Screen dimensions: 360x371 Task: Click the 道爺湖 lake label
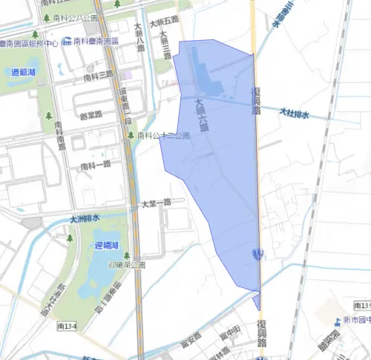(x=25, y=72)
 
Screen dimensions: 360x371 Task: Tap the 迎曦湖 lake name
(x=108, y=245)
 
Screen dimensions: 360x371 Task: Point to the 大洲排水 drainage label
(x=85, y=218)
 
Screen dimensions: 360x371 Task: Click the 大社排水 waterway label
(x=294, y=114)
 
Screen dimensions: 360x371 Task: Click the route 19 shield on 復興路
(x=256, y=254)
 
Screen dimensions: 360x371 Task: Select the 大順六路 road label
(x=200, y=114)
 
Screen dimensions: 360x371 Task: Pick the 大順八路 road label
(x=139, y=37)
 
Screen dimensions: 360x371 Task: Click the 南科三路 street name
(x=99, y=76)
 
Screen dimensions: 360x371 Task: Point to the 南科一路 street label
(x=96, y=163)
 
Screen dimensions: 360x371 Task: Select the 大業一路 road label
(x=156, y=202)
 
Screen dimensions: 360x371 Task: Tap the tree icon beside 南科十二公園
(x=131, y=136)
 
